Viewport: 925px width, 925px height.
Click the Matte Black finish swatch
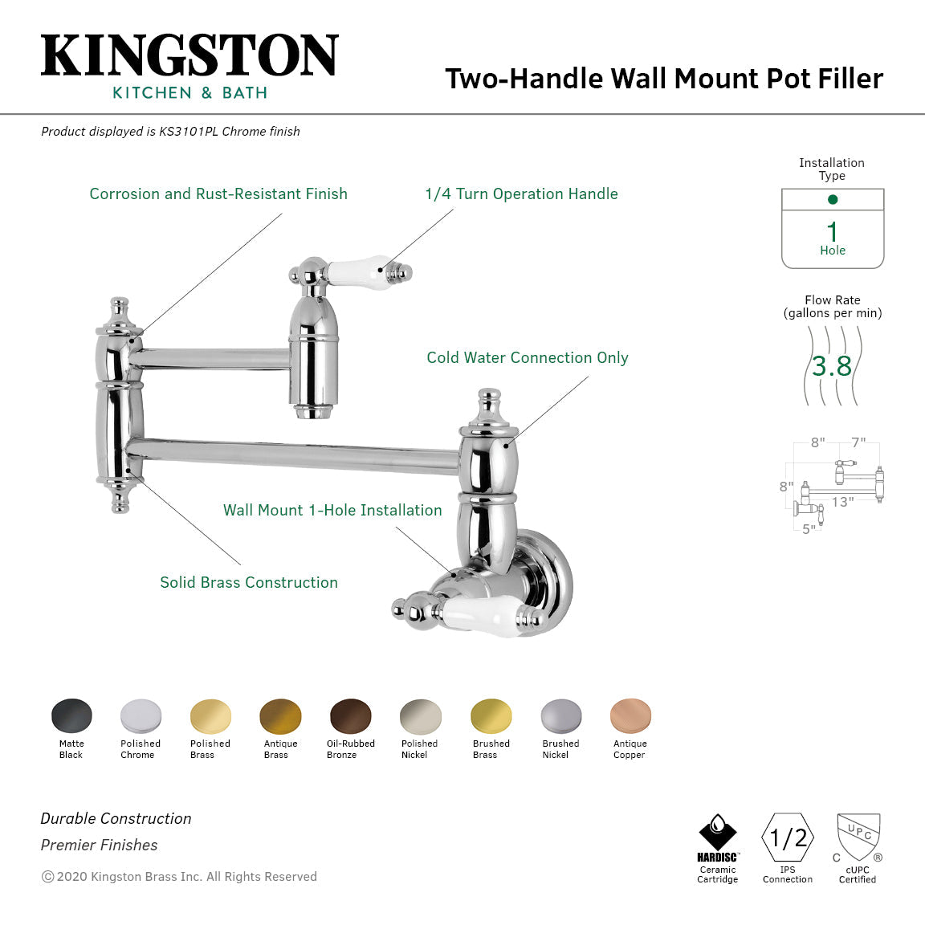[71, 716]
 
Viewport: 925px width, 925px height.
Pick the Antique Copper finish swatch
[630, 716]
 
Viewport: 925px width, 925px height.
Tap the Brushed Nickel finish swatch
[560, 716]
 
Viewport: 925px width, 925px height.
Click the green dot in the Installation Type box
[833, 199]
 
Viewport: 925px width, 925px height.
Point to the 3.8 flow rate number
[831, 366]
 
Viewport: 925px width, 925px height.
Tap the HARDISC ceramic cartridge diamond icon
[717, 832]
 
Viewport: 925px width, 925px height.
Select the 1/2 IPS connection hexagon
[788, 838]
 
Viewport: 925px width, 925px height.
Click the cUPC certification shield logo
[858, 837]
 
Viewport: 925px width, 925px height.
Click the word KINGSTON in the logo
[189, 55]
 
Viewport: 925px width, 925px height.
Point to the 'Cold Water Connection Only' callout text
[527, 358]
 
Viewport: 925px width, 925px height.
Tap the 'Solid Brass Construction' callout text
[249, 583]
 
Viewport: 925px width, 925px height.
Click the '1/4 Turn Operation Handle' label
[521, 194]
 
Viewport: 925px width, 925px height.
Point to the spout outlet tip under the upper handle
[312, 413]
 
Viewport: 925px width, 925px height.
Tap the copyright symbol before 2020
[47, 877]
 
